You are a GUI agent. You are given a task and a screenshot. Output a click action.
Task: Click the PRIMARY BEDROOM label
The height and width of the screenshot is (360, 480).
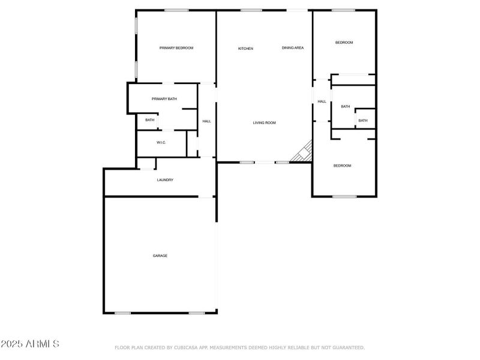tap(176, 48)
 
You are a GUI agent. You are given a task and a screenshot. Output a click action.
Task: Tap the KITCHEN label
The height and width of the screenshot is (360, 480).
tap(245, 49)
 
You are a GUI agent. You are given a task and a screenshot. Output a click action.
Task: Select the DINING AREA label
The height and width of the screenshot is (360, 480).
tap(293, 48)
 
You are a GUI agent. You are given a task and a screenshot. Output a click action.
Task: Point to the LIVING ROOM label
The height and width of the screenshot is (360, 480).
tap(264, 123)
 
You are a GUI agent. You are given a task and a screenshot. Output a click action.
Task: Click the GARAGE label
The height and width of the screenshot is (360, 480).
tap(160, 256)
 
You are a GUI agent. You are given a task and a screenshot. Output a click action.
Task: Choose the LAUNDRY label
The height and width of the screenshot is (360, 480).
tap(165, 180)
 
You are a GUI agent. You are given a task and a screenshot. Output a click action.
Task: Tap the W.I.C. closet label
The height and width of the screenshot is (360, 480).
tap(161, 142)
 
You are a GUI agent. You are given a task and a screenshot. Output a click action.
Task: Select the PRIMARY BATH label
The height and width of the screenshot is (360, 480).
tap(164, 99)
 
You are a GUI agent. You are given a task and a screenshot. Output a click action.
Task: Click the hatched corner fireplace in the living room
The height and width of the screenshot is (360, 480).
tap(304, 152)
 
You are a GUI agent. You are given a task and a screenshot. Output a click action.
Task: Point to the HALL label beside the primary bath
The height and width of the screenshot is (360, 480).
tap(206, 122)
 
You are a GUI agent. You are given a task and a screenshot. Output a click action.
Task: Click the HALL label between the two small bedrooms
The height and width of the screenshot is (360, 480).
tap(322, 101)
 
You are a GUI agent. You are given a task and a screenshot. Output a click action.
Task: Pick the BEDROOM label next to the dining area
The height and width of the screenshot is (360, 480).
tap(344, 43)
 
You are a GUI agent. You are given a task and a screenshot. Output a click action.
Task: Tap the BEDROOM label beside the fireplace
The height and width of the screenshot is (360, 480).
tap(342, 166)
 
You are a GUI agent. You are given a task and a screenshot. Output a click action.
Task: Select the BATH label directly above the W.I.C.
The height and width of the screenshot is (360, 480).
tap(149, 120)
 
